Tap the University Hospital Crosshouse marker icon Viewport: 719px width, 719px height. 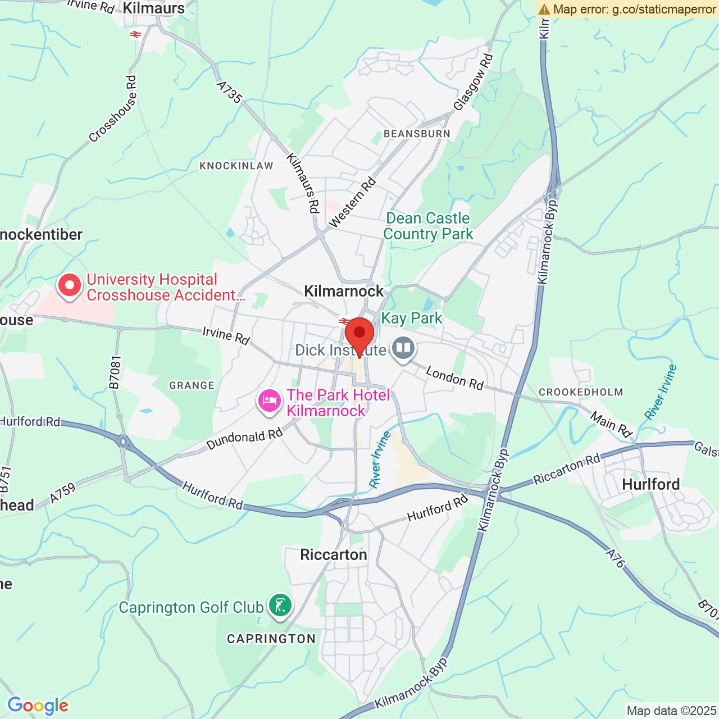70,285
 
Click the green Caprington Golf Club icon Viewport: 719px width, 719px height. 280,606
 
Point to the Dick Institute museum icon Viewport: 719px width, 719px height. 403,348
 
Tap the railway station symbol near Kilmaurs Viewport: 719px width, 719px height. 135,34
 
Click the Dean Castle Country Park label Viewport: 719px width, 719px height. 428,226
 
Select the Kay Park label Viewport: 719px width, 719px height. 412,318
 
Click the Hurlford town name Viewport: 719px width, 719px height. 650,484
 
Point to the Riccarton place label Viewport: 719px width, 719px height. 334,554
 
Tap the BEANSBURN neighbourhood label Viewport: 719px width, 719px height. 417,134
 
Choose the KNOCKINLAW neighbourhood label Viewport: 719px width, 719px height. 236,166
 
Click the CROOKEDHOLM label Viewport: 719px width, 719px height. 581,392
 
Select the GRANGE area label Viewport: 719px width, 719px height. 192,385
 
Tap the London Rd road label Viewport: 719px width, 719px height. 454,377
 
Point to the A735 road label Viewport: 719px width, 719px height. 230,93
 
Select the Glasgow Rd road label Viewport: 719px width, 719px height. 473,83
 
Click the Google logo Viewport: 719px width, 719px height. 38,706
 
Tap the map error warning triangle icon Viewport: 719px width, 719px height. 544,9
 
